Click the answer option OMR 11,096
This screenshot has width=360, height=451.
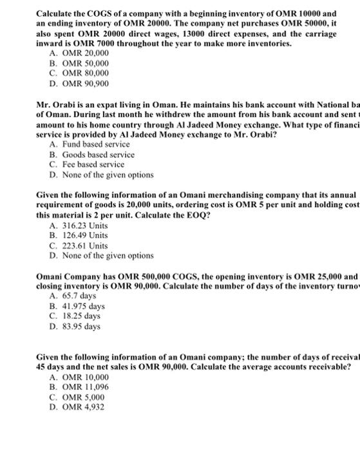coord(86,388)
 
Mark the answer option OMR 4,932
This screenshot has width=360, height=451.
coord(84,407)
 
